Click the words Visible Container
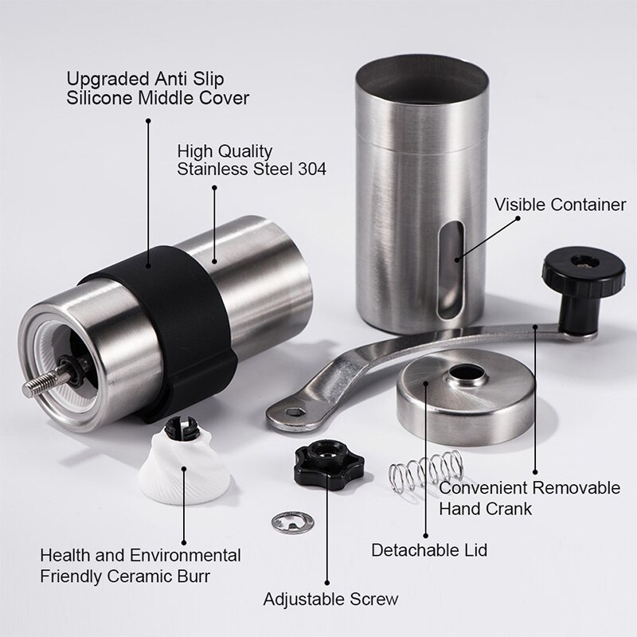(560, 205)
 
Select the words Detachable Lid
(429, 549)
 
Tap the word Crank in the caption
(510, 506)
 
